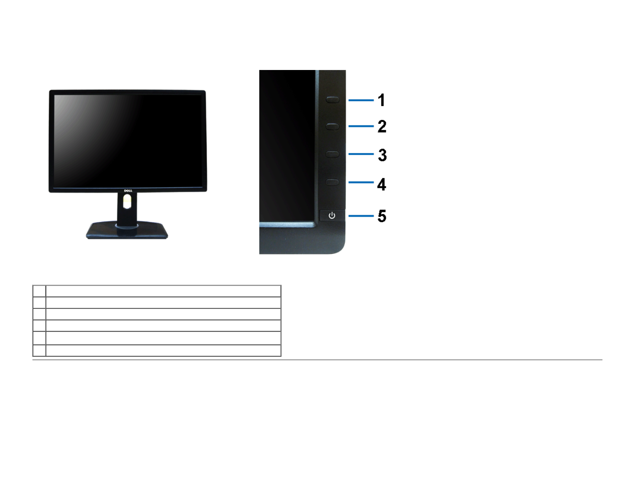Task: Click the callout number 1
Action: tap(381, 100)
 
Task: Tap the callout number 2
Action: tap(382, 127)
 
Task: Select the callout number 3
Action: tap(382, 155)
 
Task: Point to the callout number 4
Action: tap(381, 184)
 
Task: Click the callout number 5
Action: tap(382, 216)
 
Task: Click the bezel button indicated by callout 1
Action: tap(332, 99)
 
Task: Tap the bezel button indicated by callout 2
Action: tap(332, 127)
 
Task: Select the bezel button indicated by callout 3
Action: tap(332, 154)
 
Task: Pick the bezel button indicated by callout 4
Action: tap(332, 182)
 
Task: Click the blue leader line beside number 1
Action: tap(361, 100)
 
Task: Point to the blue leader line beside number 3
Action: tap(361, 154)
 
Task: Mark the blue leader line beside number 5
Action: tap(361, 216)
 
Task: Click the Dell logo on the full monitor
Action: tap(127, 191)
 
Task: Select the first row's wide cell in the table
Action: tap(163, 291)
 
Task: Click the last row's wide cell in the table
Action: tap(163, 350)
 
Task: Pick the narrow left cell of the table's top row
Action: tap(39, 291)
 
